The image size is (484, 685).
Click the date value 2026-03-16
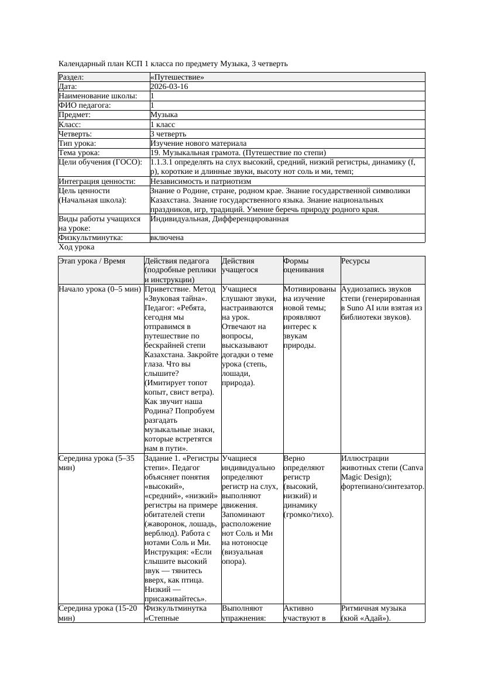(x=169, y=87)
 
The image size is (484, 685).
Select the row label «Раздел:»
(x=71, y=77)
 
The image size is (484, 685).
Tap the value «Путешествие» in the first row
(x=177, y=77)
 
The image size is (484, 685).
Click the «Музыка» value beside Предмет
(x=164, y=115)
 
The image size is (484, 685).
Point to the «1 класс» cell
(x=163, y=125)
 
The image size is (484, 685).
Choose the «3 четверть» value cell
(x=168, y=134)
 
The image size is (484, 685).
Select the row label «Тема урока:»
(x=79, y=153)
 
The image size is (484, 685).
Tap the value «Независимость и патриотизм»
(x=201, y=181)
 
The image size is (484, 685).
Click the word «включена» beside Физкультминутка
(x=167, y=238)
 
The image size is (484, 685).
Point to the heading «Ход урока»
(x=76, y=247)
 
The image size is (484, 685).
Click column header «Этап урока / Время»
(x=92, y=261)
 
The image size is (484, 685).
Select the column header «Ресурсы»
(x=355, y=261)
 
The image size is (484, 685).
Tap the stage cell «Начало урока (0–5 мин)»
(x=100, y=289)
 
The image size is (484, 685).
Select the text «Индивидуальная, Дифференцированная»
(x=219, y=219)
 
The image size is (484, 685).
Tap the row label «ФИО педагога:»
(x=85, y=106)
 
